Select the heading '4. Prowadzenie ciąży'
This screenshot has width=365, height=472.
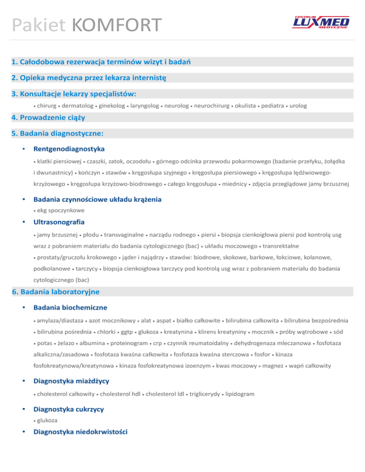coord(51,116)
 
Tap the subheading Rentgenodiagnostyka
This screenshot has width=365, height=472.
coord(69,149)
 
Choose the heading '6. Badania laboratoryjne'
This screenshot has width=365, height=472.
coord(56,291)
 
